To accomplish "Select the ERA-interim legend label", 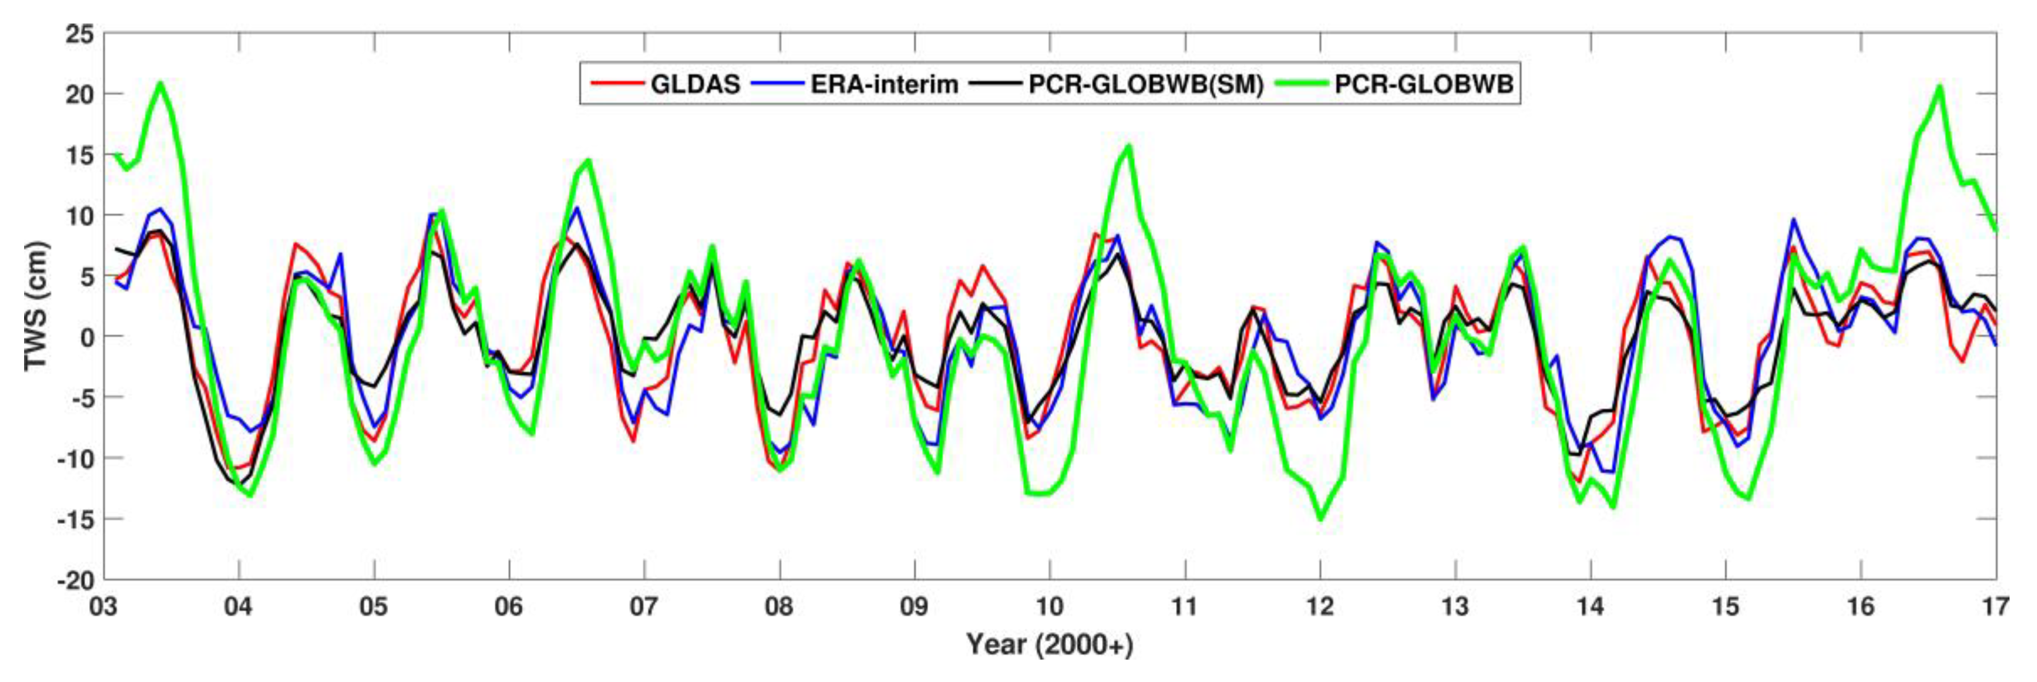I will click(x=883, y=84).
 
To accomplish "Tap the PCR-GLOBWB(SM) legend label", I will click(x=1145, y=84).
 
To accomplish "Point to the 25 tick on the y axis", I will click(x=78, y=34).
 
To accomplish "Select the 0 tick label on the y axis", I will click(x=86, y=337).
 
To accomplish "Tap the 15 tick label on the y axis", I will click(x=78, y=155).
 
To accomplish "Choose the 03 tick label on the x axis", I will click(x=104, y=607).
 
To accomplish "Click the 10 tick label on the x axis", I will click(x=1049, y=607).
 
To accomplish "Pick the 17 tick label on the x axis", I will click(x=1995, y=607).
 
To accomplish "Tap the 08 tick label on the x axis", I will click(x=780, y=607).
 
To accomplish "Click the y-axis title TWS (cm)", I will click(x=36, y=306).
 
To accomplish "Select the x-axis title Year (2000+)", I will click(x=1049, y=645).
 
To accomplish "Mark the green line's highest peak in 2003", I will click(x=161, y=82).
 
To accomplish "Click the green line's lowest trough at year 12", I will click(x=1320, y=519).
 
